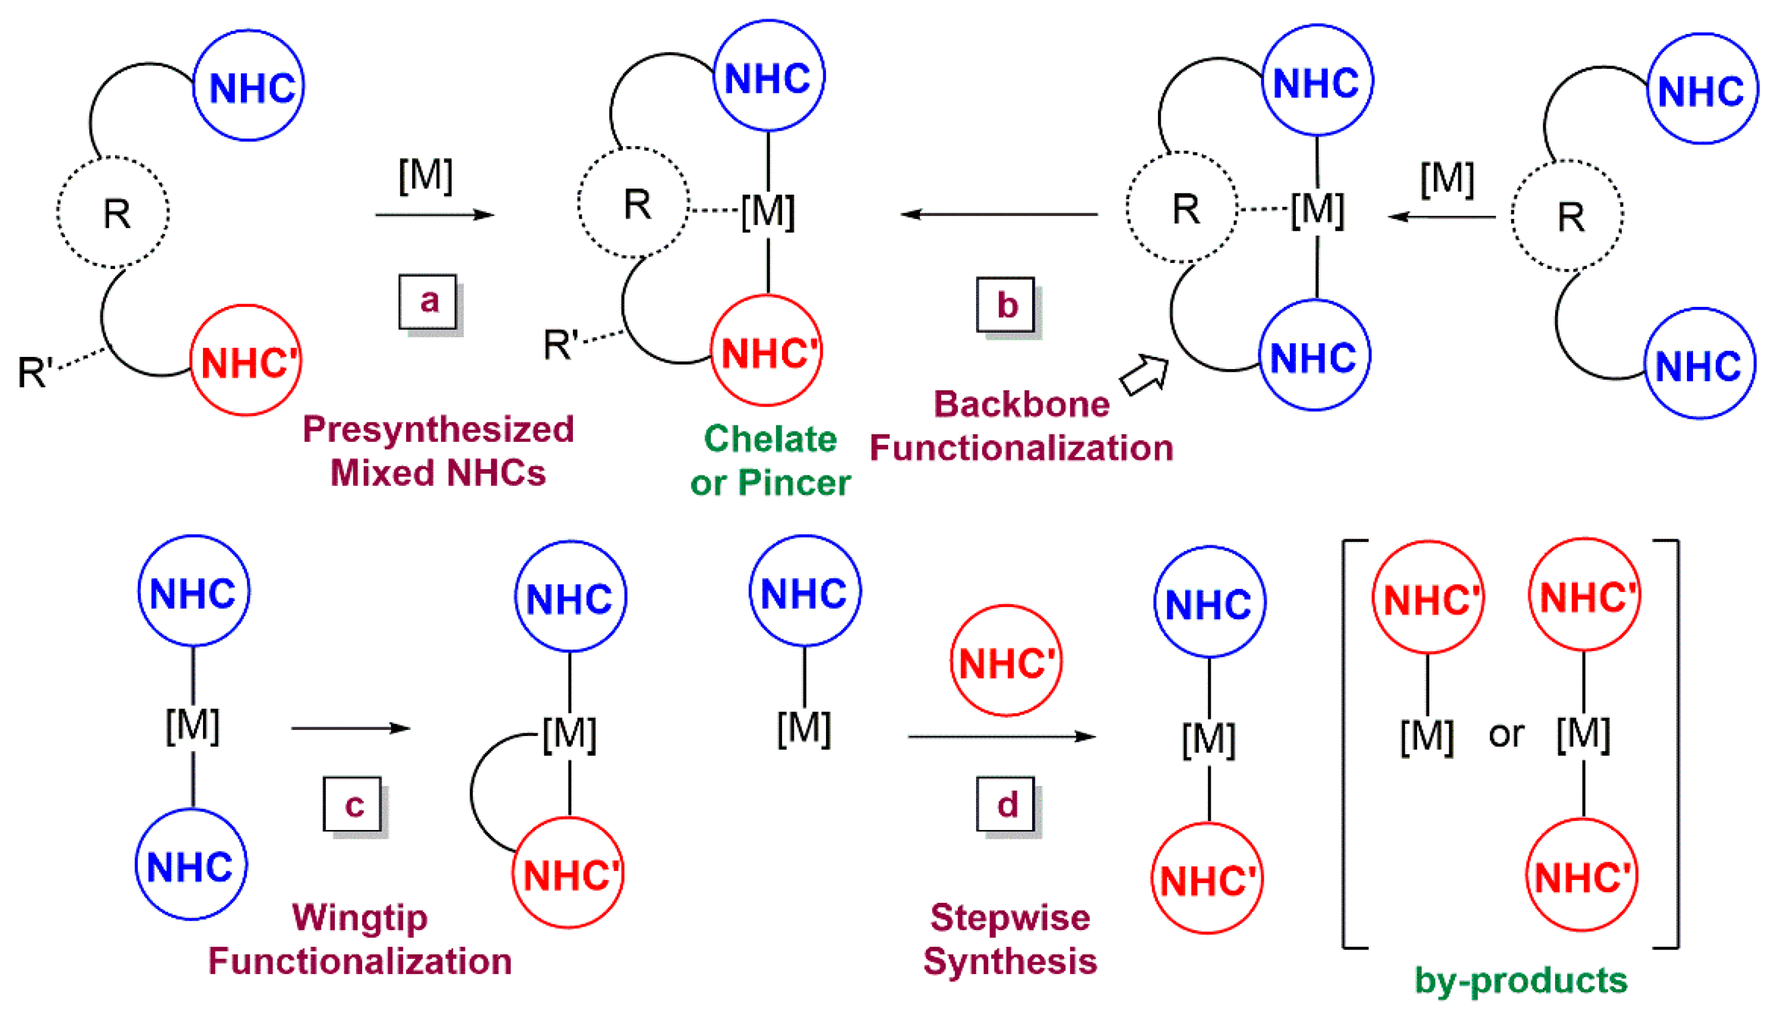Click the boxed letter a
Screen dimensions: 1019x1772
pyautogui.click(x=428, y=302)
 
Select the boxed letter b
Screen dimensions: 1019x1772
pyautogui.click(x=1006, y=305)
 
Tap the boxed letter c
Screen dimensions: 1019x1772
pyautogui.click(x=353, y=804)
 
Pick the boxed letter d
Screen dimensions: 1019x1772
pyautogui.click(x=1006, y=804)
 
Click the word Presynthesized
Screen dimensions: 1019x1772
pyautogui.click(x=438, y=430)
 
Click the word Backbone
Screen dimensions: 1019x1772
pyautogui.click(x=1022, y=405)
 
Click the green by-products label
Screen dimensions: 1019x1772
pyautogui.click(x=1521, y=980)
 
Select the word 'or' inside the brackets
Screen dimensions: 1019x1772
pyautogui.click(x=1506, y=733)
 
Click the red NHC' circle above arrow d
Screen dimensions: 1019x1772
pyautogui.click(x=1006, y=660)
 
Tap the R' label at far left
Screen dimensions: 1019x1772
pyautogui.click(x=35, y=371)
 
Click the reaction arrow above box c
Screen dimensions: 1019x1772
pyautogui.click(x=350, y=729)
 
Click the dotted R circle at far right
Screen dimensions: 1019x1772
pyautogui.click(x=1567, y=216)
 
